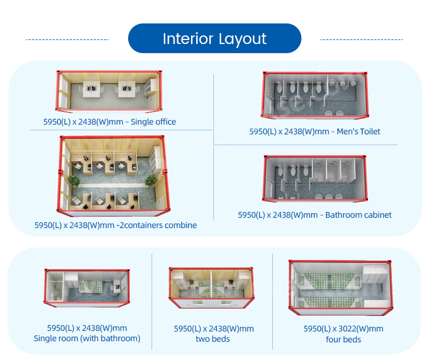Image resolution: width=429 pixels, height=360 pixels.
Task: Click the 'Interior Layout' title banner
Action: point(214,38)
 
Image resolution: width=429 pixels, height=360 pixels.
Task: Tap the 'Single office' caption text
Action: point(153,122)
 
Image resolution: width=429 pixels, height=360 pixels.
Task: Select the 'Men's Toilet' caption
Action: point(359,131)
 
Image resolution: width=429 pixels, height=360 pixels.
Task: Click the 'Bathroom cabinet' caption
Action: point(359,215)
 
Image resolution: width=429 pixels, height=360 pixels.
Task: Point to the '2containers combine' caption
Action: point(158,225)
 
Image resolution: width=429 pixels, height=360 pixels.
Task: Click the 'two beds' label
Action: point(213,339)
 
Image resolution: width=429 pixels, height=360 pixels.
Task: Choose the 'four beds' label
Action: point(343,339)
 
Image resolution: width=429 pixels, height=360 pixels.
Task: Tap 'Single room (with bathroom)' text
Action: point(87,338)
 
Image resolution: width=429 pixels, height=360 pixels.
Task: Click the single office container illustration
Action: point(109,91)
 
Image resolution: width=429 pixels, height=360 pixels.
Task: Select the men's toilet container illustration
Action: point(315,95)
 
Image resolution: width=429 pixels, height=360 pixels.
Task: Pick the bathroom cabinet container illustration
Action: point(315,178)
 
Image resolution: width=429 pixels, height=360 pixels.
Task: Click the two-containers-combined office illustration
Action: point(114,176)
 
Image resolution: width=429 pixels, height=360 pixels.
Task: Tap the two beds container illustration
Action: point(211,287)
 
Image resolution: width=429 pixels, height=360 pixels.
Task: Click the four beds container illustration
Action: point(341,287)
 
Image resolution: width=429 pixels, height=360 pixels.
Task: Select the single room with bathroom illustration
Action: point(87,287)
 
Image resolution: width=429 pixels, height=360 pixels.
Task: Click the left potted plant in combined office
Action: point(74,181)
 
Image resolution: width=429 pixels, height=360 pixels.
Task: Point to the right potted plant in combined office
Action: point(151,181)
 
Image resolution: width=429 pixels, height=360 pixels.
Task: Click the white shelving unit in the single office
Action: point(150,87)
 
